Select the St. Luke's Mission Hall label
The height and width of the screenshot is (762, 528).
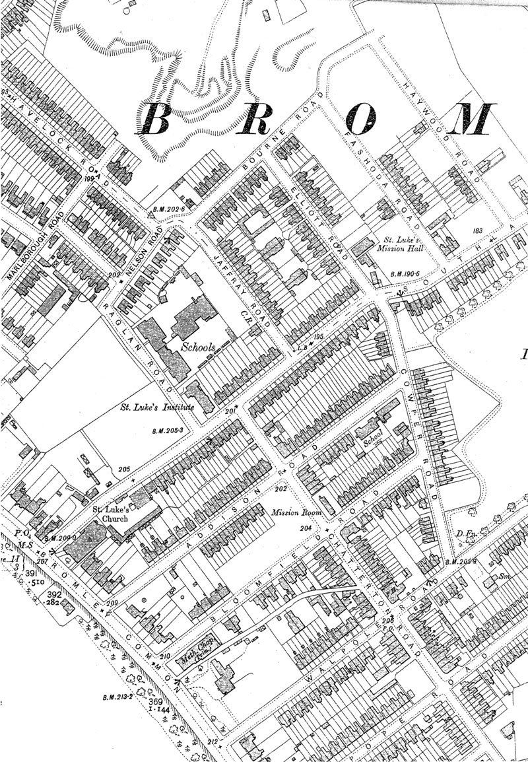(399, 246)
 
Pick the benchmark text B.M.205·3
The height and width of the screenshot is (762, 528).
(166, 431)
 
